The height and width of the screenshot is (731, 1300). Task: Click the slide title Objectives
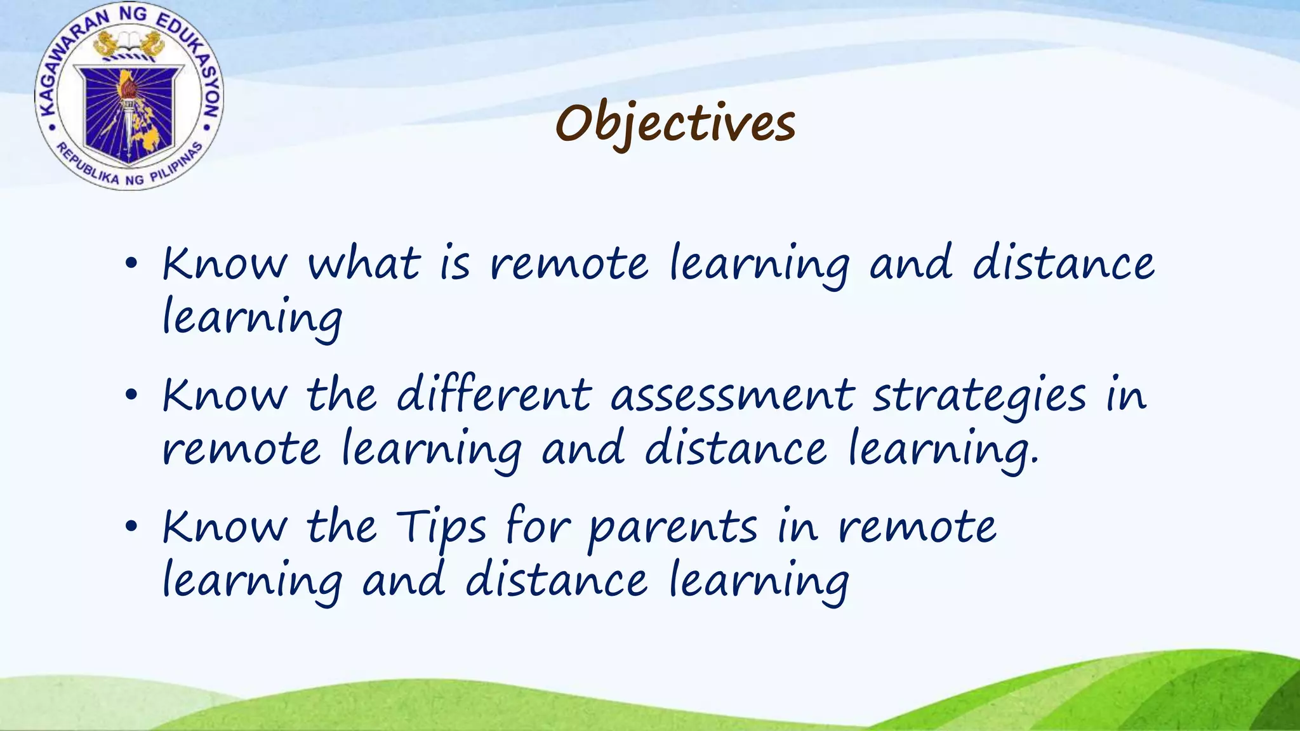click(x=675, y=123)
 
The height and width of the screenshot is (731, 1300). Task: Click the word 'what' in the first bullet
click(x=364, y=263)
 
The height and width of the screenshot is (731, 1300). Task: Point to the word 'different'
click(x=494, y=395)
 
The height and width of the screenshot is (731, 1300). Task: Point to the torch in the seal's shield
click(x=130, y=105)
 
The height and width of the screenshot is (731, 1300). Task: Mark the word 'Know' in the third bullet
click(x=224, y=527)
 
